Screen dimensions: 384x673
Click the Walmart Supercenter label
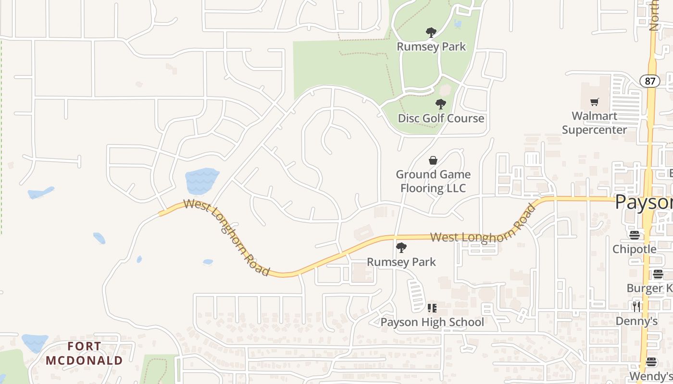click(x=594, y=123)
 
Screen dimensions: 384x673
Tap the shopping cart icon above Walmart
click(x=595, y=102)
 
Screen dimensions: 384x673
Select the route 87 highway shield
click(x=650, y=81)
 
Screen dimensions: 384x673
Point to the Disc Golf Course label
click(x=441, y=118)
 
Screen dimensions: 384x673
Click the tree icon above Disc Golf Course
click(x=440, y=104)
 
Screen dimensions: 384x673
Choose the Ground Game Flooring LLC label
click(x=433, y=181)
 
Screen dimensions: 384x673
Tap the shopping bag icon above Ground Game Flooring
click(x=433, y=160)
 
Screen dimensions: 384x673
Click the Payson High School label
click(x=432, y=322)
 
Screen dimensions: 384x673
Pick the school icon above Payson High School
click(x=432, y=308)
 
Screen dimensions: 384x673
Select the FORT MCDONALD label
click(x=84, y=353)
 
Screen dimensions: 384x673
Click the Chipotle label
click(x=634, y=249)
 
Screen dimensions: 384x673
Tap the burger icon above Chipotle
click(x=635, y=235)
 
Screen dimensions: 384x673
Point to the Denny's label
click(x=636, y=321)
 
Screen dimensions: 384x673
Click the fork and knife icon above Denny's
click(x=636, y=306)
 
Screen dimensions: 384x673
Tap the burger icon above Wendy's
click(x=651, y=362)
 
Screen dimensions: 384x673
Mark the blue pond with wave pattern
click(x=202, y=180)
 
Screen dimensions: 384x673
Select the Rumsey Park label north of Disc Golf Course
click(x=431, y=47)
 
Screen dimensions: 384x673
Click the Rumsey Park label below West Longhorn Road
click(x=401, y=262)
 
